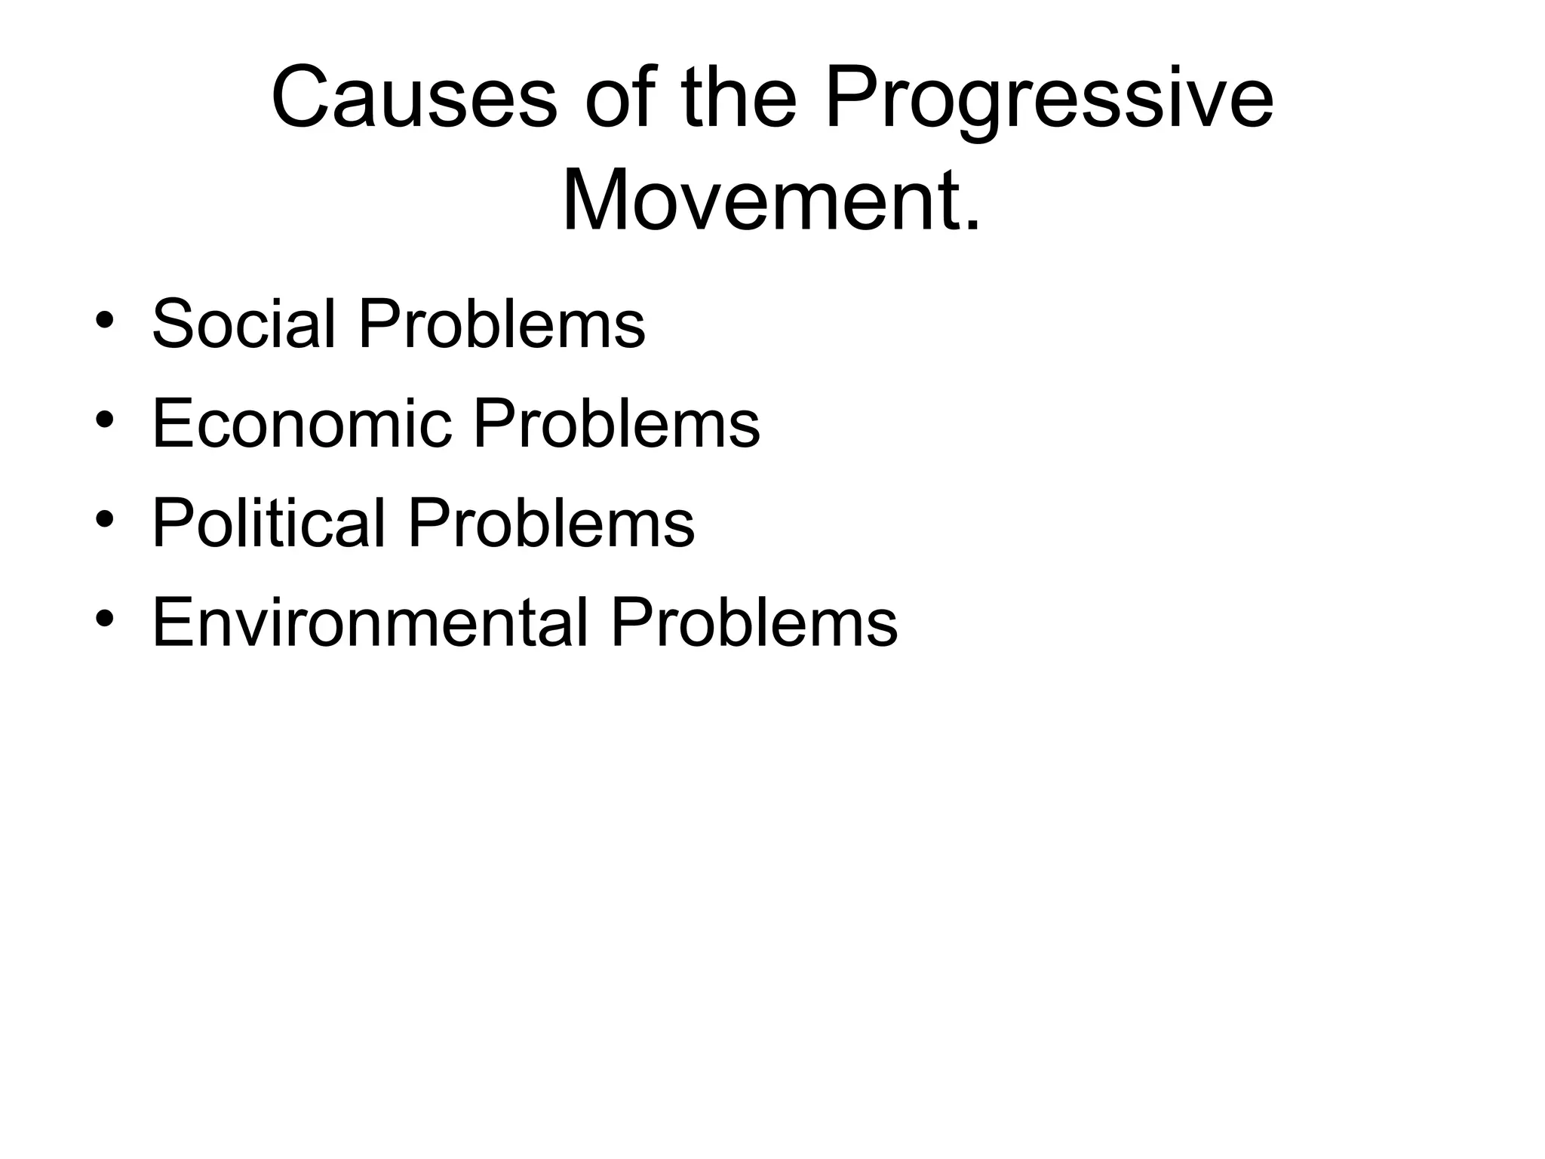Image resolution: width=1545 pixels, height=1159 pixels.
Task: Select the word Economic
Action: click(302, 423)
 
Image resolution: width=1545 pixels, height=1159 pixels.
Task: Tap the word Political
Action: click(269, 523)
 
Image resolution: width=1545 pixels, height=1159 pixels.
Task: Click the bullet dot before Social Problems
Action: click(105, 320)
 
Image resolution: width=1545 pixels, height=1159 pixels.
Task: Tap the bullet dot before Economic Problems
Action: click(105, 420)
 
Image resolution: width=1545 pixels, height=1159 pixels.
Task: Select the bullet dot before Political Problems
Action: click(105, 520)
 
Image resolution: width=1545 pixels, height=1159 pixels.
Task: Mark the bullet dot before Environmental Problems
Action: click(105, 619)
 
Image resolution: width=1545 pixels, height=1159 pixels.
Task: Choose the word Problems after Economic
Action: click(616, 423)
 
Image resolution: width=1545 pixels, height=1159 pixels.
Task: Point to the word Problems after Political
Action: click(551, 523)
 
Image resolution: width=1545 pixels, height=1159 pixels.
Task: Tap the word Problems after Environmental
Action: click(754, 623)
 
